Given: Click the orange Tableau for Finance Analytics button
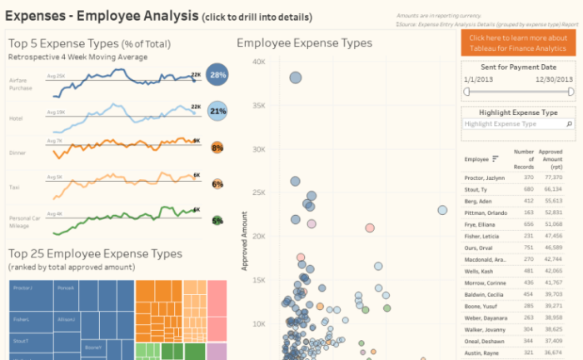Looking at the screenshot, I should tap(518, 43).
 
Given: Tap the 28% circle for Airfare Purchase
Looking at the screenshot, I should tap(218, 75).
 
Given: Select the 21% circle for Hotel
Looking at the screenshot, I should tap(218, 111).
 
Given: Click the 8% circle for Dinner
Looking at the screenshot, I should tap(217, 147).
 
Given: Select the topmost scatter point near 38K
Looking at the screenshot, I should tap(295, 78).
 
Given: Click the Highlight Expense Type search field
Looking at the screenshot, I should tap(514, 123).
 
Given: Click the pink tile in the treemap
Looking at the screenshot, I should tap(217, 308).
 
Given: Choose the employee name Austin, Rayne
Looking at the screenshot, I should tap(481, 352).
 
